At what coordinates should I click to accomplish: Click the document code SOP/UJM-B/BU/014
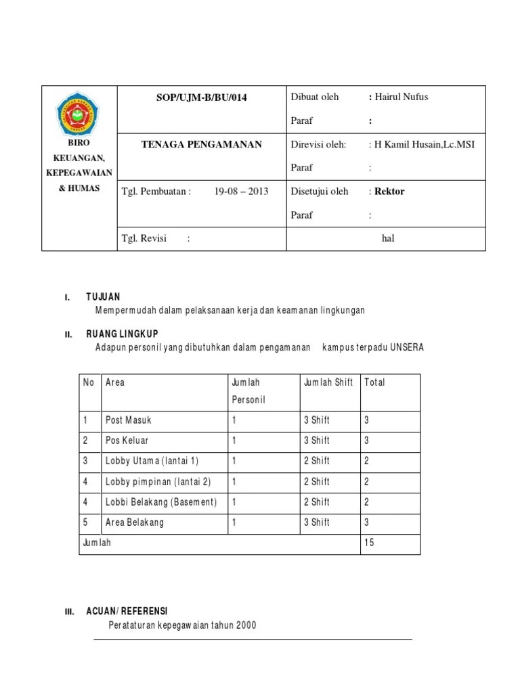(x=201, y=97)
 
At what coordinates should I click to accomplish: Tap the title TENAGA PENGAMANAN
(x=201, y=144)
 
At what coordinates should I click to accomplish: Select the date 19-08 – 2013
(x=241, y=191)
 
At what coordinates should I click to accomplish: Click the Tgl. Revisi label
(x=144, y=238)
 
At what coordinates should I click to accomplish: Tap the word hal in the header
(x=388, y=238)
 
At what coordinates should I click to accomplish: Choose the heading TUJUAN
(x=103, y=297)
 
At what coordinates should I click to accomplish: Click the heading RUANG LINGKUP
(x=123, y=334)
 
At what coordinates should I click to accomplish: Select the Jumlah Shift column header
(x=328, y=382)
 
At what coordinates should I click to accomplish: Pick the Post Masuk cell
(x=129, y=420)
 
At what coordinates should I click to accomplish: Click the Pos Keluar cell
(x=127, y=441)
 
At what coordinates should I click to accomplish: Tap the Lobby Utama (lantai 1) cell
(x=152, y=461)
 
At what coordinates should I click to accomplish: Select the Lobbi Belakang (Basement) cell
(x=161, y=502)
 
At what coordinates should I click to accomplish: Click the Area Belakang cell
(x=135, y=522)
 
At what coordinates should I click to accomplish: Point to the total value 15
(x=369, y=543)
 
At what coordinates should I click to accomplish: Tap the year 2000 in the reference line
(x=246, y=625)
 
